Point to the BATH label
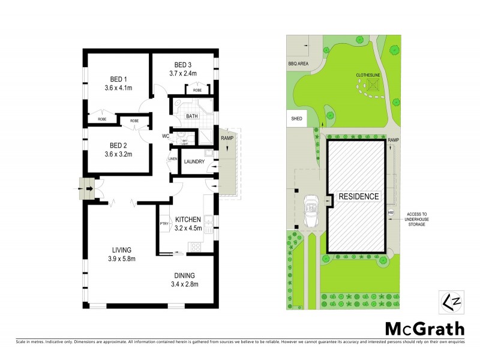(192, 116)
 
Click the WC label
(165, 136)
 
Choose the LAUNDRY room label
(194, 161)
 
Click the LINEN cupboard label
(172, 159)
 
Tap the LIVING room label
(121, 250)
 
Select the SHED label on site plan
(296, 119)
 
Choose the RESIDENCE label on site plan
(358, 197)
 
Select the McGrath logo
(424, 328)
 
